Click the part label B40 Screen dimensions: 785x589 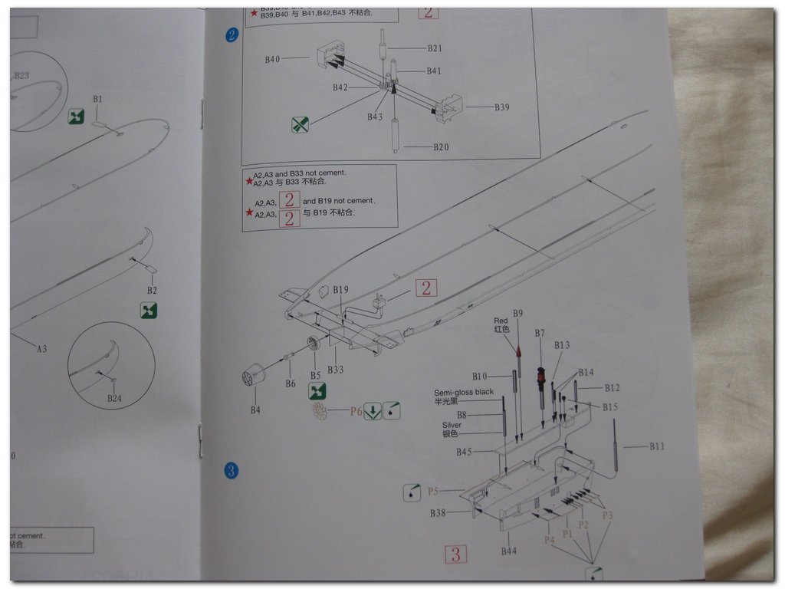tap(273, 59)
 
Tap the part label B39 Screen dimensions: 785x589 tap(501, 107)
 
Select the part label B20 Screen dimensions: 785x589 tap(441, 147)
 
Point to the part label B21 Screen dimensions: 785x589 tap(435, 48)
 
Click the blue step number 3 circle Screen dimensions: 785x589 tap(229, 469)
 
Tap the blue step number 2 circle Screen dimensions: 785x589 tap(232, 35)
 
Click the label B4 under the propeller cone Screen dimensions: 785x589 tap(255, 410)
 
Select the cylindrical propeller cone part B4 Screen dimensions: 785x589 tap(253, 377)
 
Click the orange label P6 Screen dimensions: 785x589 tap(356, 412)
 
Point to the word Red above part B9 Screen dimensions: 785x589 tap(501, 321)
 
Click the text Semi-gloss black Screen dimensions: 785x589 tap(464, 392)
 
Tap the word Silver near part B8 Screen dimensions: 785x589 tap(452, 425)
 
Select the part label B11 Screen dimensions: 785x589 tap(657, 446)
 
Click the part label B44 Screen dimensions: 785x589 tap(508, 551)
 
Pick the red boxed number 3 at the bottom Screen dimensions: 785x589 tap(455, 554)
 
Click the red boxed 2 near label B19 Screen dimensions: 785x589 tap(426, 288)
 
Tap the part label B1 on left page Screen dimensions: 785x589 tap(97, 99)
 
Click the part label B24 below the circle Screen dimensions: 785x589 tap(113, 398)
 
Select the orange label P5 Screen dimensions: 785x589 tap(433, 491)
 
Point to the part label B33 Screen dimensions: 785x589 tap(335, 370)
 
